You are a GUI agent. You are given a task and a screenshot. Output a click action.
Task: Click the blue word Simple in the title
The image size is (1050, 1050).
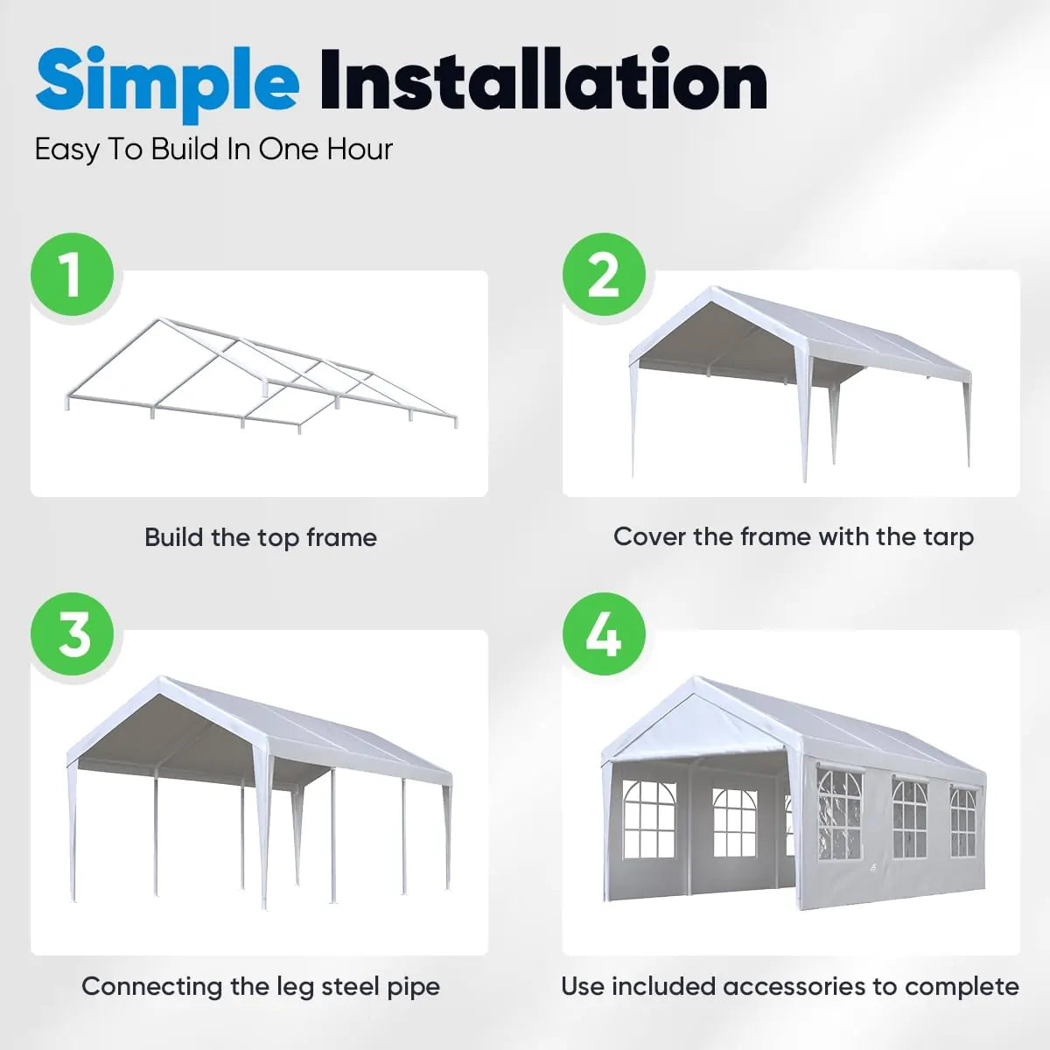pyautogui.click(x=167, y=81)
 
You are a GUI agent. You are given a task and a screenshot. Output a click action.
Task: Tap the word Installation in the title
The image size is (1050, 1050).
pyautogui.click(x=542, y=81)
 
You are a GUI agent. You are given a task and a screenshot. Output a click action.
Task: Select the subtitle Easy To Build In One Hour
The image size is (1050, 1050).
pyautogui.click(x=213, y=150)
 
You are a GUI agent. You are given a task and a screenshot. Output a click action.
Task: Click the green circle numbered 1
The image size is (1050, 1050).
pyautogui.click(x=73, y=275)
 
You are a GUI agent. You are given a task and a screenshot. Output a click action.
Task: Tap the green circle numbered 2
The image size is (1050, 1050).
pyautogui.click(x=604, y=275)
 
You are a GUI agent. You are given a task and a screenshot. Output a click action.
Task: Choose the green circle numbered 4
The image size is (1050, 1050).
pyautogui.click(x=604, y=634)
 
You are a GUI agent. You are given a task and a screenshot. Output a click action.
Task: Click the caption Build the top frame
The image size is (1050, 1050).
pyautogui.click(x=260, y=537)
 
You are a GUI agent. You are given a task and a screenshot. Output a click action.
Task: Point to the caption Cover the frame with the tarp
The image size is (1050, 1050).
pyautogui.click(x=793, y=536)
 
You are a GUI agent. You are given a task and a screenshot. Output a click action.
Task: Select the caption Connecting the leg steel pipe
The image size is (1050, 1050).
pyautogui.click(x=260, y=986)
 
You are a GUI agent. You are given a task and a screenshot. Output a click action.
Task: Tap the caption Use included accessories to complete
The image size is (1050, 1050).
pyautogui.click(x=789, y=986)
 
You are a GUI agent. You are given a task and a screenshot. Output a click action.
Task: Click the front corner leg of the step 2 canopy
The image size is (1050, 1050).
pyautogui.click(x=806, y=420)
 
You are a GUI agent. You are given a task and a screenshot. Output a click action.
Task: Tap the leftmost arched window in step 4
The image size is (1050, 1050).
pyautogui.click(x=648, y=819)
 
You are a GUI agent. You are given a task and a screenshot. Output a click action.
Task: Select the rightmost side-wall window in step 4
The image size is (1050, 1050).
pyautogui.click(x=962, y=822)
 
